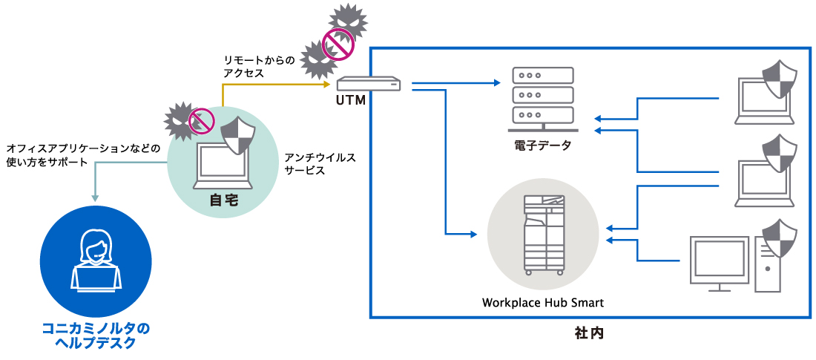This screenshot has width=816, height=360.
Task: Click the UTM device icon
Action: coord(368,84)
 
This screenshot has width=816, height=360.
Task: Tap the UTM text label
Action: coord(351,100)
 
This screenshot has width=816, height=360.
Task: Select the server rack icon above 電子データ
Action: coord(543,96)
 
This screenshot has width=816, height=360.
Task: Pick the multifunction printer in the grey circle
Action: coord(544,234)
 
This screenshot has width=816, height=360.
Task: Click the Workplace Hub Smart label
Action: coord(543,302)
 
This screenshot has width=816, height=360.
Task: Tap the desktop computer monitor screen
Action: coord(718,259)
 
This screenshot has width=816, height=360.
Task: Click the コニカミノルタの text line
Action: coord(96,327)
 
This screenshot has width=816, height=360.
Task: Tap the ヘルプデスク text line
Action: coord(96,344)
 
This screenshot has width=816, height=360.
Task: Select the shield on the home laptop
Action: coord(238,135)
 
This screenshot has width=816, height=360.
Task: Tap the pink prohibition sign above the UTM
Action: coord(338,45)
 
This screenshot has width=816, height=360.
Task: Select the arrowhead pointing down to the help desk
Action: coord(95,197)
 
